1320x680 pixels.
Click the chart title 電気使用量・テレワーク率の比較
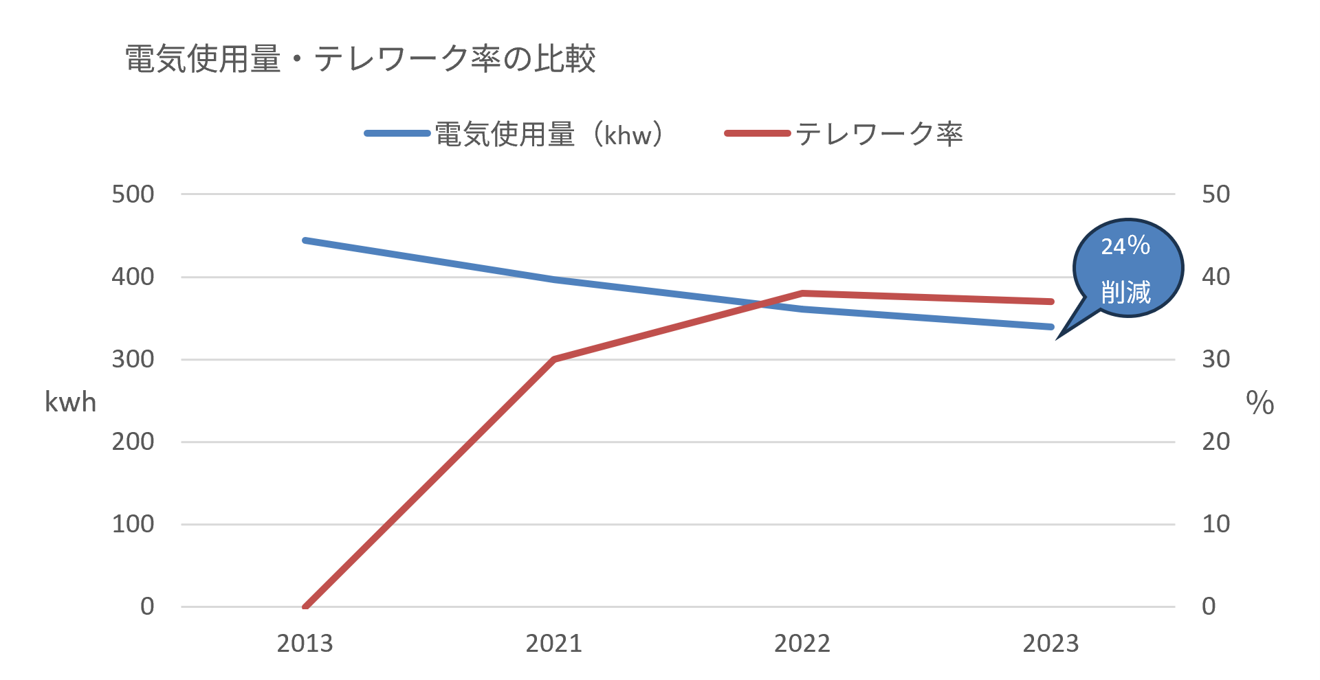click(360, 58)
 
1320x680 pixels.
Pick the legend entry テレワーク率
click(844, 134)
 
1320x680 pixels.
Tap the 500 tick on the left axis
click(133, 194)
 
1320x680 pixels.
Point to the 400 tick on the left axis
click(133, 277)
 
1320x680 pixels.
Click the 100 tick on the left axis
click(133, 524)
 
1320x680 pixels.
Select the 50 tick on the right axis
click(1215, 194)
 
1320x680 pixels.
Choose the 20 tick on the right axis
click(1215, 442)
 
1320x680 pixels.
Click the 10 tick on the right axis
click(1215, 524)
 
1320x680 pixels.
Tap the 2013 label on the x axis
click(305, 644)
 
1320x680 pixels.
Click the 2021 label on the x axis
click(553, 644)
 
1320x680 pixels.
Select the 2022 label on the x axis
click(802, 644)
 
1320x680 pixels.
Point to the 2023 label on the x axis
click(1050, 644)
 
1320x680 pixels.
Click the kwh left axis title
click(70, 403)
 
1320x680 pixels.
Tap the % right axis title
click(1260, 403)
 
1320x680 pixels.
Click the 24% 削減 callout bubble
click(1127, 269)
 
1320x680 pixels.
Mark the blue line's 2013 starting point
click(305, 240)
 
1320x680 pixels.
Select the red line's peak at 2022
click(802, 293)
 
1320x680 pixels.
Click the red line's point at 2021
click(553, 359)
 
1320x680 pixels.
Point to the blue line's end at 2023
click(1051, 327)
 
